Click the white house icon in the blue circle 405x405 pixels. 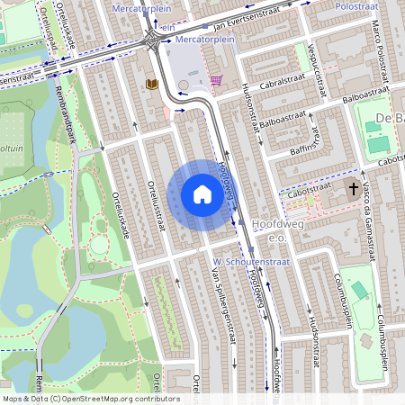[x=202, y=194]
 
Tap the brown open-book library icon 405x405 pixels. [x=152, y=84]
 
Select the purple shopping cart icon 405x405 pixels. [x=216, y=79]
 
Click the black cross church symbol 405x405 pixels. [x=354, y=189]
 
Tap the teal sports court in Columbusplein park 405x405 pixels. [x=360, y=291]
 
